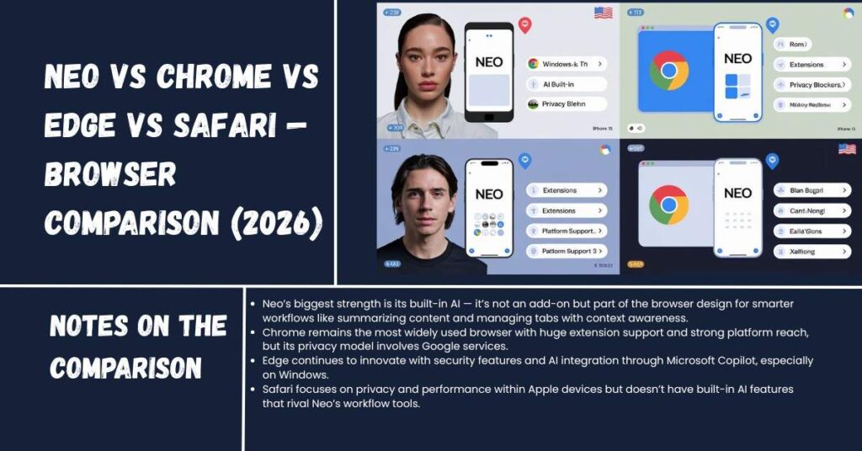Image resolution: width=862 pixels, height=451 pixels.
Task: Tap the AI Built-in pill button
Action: (x=566, y=84)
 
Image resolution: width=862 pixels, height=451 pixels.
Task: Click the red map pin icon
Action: (x=524, y=26)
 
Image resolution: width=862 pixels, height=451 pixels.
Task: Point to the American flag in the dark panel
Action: (x=846, y=149)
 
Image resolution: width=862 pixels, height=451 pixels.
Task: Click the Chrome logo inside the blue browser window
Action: (x=668, y=70)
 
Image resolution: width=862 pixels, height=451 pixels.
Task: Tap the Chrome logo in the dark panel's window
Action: (x=668, y=204)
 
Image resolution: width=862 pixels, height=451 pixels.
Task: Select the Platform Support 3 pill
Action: (x=566, y=251)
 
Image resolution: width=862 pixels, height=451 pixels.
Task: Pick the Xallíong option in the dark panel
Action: (x=811, y=251)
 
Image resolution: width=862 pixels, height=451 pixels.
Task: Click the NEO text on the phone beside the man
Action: (x=489, y=194)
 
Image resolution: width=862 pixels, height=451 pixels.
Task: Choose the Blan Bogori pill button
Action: (x=811, y=190)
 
